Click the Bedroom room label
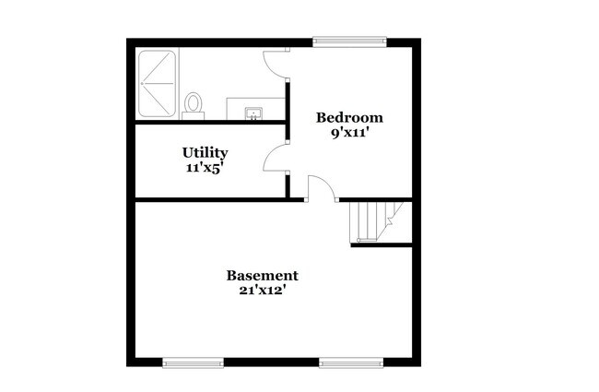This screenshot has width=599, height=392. click(349, 117)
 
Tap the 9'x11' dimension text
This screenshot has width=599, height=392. click(349, 132)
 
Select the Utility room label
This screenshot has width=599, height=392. click(205, 152)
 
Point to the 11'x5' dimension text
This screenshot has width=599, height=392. click(205, 167)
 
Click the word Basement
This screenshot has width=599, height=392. click(263, 275)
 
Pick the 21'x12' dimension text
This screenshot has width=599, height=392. click(263, 290)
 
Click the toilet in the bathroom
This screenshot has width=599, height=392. click(194, 104)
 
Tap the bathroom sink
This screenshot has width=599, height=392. click(254, 113)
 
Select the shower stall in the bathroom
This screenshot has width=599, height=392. click(157, 83)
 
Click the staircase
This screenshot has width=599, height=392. click(373, 221)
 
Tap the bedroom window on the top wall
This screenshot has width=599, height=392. click(349, 42)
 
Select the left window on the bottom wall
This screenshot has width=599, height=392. click(193, 362)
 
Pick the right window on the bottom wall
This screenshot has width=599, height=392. click(351, 362)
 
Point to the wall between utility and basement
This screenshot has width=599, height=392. click(212, 199)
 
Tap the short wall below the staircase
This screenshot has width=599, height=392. click(381, 244)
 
